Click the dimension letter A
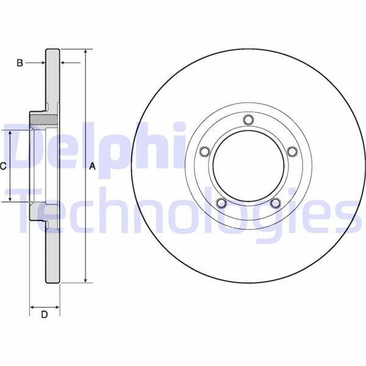point(93,166)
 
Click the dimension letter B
point(20,63)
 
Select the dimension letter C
point(3,166)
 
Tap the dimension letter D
point(44,315)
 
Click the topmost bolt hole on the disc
point(248,120)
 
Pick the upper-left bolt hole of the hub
point(205,151)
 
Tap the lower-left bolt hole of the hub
point(221,203)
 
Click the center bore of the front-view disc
point(248,166)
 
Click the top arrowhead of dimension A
point(85,53)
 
